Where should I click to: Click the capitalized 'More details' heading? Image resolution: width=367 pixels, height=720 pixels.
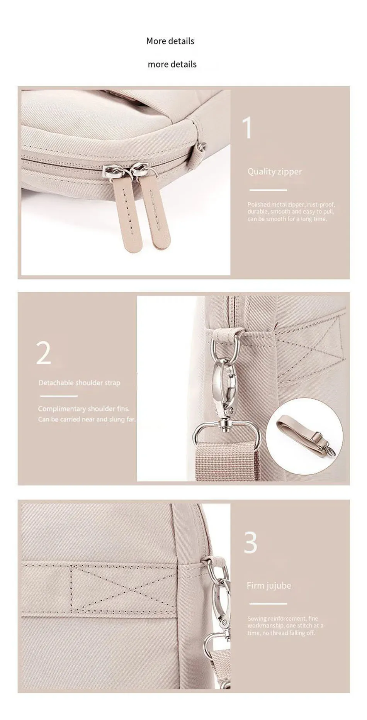point(170,41)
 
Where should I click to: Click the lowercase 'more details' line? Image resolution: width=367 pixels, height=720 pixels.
point(172,64)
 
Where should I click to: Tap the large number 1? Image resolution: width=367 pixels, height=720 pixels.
point(247,128)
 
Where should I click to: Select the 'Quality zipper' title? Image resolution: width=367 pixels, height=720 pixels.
point(275,171)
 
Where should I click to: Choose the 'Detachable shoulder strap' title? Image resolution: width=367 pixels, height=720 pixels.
point(79,383)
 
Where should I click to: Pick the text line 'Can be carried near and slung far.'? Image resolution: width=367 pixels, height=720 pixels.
point(87,419)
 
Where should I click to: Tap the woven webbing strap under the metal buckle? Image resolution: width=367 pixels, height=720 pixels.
point(226,462)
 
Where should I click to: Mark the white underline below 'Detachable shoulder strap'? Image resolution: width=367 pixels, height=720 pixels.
point(59,396)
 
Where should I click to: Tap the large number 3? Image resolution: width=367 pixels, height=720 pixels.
point(250,542)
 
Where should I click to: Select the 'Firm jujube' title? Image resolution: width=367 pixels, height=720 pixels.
point(269,586)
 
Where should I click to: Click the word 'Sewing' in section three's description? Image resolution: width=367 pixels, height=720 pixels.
point(257,618)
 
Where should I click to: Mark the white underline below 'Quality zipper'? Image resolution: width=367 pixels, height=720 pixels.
point(268,190)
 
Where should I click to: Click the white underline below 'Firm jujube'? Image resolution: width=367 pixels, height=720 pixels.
point(268,603)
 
